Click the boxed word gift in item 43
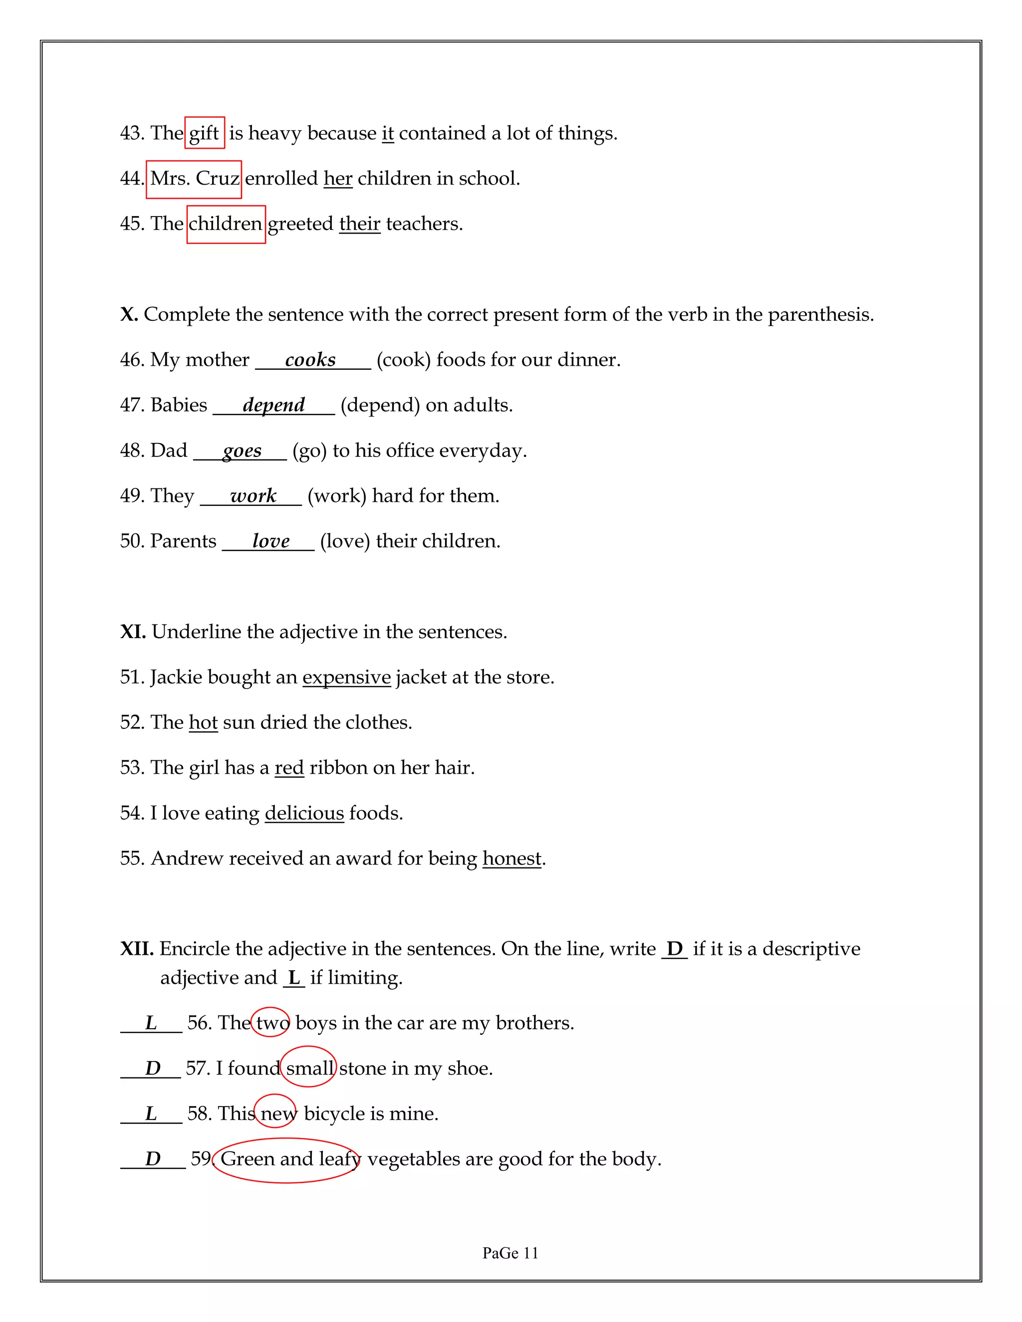[204, 133]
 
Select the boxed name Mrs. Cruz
[194, 179]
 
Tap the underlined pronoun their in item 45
[360, 224]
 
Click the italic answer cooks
[310, 360]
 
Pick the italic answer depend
[273, 405]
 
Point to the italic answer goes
[242, 451]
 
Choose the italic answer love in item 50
[270, 541]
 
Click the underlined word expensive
[346, 677]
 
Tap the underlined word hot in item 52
[203, 723]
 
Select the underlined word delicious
[304, 813]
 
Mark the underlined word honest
[511, 859]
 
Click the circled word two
[270, 1023]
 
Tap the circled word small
[309, 1069]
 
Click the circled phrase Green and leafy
[287, 1159]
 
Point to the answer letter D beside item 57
[153, 1069]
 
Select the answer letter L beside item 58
[151, 1114]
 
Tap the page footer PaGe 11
[510, 1253]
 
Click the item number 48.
[132, 451]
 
